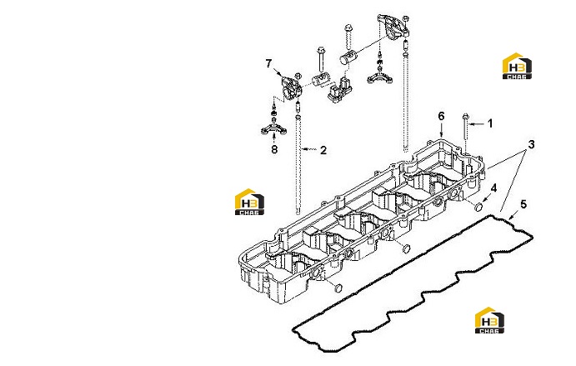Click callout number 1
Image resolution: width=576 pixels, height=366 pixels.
[x=489, y=123]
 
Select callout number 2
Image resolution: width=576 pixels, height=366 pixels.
[x=323, y=150]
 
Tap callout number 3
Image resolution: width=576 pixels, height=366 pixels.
[x=531, y=144]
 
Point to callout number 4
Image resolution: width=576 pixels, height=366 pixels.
[x=493, y=188]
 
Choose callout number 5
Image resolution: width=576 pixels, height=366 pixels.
[x=523, y=204]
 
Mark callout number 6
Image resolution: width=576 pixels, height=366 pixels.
[x=441, y=116]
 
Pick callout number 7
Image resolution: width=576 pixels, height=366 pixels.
[x=268, y=63]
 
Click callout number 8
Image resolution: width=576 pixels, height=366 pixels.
[x=274, y=149]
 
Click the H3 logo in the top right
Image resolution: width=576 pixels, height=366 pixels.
[x=517, y=66]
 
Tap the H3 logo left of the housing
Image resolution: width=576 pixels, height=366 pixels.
[x=249, y=202]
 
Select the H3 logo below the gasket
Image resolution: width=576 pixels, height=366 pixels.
[x=489, y=320]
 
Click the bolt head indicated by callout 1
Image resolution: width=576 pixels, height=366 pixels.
[x=465, y=117]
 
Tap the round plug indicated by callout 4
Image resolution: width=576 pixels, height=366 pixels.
[x=478, y=207]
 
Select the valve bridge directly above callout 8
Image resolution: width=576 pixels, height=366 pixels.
[x=273, y=128]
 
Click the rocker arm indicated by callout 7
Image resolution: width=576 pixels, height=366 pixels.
[x=290, y=88]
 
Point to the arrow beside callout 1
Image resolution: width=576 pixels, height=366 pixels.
[x=477, y=124]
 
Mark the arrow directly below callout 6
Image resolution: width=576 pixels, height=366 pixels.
[x=441, y=130]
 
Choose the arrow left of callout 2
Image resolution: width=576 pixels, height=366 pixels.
[x=308, y=149]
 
